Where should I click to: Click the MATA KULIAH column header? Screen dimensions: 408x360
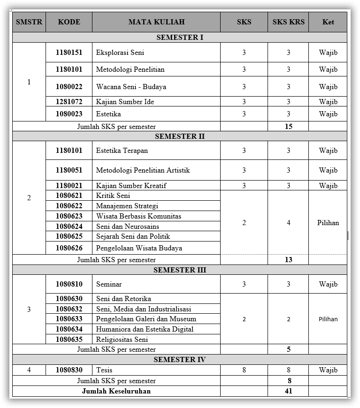pos(156,22)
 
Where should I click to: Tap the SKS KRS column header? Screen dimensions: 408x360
pos(288,22)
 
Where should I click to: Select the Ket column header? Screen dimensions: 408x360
pos(328,22)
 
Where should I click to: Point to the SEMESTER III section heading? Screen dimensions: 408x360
pos(180,270)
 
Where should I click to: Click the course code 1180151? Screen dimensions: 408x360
pos(69,53)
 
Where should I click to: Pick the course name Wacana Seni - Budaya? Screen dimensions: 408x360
pos(131,87)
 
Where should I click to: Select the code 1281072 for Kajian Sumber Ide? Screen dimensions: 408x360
pos(69,102)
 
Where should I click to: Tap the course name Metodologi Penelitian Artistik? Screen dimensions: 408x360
pos(143,170)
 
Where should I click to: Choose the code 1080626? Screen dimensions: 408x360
pos(69,248)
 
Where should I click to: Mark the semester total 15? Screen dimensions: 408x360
pos(288,127)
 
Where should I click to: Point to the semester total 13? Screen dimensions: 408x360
pos(288,259)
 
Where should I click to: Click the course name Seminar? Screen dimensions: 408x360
pos(109,284)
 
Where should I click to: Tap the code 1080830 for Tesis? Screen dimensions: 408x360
pos(69,370)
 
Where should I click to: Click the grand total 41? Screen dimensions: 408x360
pos(288,391)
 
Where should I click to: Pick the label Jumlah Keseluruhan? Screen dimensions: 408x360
pos(116,391)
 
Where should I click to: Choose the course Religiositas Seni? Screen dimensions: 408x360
pos(122,340)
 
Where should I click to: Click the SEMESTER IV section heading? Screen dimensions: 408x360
pos(180,360)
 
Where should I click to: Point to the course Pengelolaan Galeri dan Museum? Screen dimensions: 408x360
pos(146,319)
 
